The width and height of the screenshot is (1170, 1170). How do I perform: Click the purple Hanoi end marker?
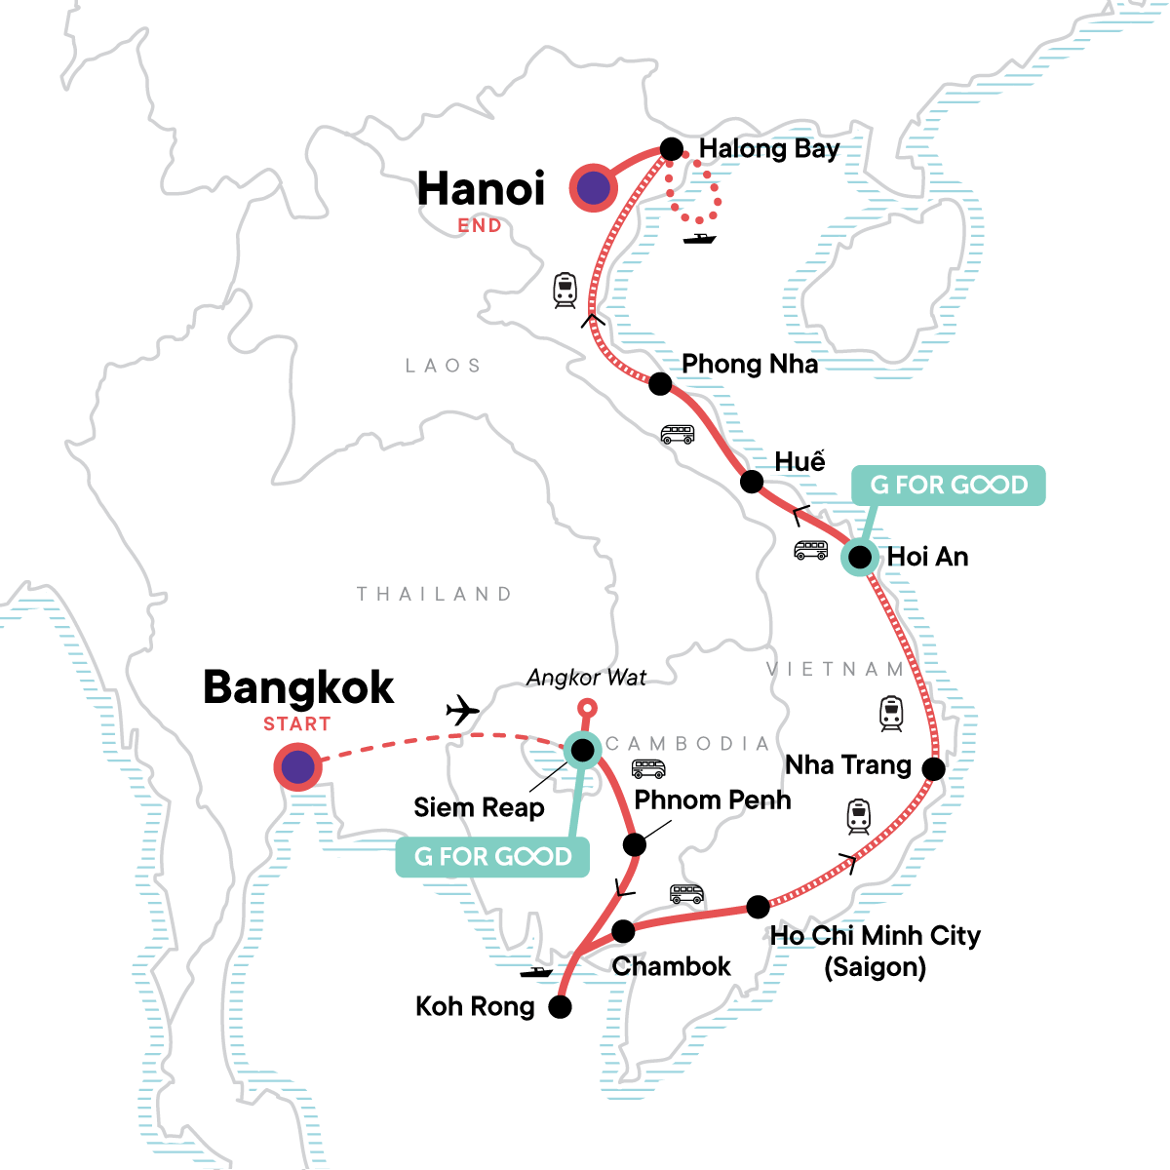click(594, 188)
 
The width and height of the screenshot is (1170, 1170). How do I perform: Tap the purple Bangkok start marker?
click(297, 767)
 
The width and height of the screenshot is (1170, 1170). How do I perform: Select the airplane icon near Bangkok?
click(462, 711)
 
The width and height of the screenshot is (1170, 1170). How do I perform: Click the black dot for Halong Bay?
click(672, 149)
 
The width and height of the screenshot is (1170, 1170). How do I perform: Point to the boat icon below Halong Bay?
click(699, 238)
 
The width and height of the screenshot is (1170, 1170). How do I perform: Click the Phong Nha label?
click(749, 364)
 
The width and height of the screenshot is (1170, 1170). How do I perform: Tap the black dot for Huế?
click(752, 482)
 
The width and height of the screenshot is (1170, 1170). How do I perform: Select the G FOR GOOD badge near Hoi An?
click(949, 485)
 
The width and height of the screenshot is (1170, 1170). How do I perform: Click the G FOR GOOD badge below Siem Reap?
click(492, 857)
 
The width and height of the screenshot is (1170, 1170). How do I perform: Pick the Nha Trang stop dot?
click(933, 769)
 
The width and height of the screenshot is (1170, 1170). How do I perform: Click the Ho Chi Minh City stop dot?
click(758, 907)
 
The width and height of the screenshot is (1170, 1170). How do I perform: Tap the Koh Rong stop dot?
click(560, 1007)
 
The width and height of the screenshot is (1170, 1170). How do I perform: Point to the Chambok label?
click(671, 966)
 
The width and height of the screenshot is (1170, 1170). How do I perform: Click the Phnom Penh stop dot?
click(635, 844)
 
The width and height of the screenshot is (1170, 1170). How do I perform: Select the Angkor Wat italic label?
click(586, 678)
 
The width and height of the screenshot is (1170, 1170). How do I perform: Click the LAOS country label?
click(444, 366)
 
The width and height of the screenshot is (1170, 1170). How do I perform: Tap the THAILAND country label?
click(434, 594)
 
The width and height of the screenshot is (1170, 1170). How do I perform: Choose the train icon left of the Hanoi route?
click(565, 290)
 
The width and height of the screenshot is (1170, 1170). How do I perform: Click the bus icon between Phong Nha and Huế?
click(678, 434)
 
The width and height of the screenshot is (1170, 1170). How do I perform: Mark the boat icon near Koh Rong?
click(536, 972)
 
